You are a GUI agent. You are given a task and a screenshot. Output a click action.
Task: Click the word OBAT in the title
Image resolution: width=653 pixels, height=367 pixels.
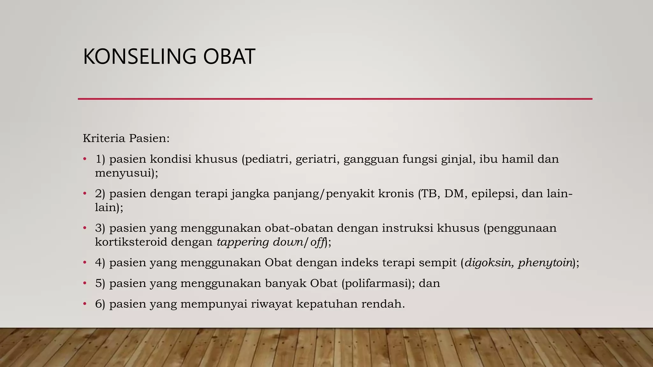point(229,57)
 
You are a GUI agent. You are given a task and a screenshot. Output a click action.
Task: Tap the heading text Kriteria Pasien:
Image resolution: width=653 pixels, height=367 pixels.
point(126,139)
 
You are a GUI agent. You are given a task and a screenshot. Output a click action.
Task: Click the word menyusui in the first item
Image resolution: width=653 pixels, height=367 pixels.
point(125,173)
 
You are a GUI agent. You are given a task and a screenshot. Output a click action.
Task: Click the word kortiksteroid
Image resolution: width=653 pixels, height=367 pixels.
point(131,242)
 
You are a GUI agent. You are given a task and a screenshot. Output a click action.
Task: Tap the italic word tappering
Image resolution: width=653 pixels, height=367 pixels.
point(243,242)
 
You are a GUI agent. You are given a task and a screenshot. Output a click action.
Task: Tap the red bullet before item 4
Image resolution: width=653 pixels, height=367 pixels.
point(85,263)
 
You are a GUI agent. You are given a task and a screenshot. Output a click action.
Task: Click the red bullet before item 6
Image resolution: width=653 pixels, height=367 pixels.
point(85,304)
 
